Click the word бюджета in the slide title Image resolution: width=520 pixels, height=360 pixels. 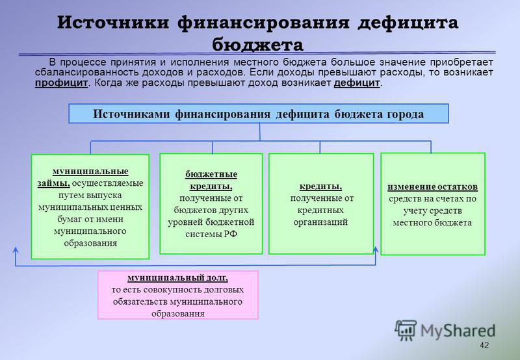pyautogui.click(x=257, y=44)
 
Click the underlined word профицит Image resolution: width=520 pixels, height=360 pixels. pyautogui.click(x=61, y=83)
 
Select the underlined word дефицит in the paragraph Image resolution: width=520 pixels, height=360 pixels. pyautogui.click(x=356, y=83)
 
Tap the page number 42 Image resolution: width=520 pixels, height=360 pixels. pyautogui.click(x=484, y=345)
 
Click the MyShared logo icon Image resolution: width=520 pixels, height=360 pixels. pyautogui.click(x=405, y=330)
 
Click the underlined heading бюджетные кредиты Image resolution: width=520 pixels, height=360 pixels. pyautogui.click(x=211, y=180)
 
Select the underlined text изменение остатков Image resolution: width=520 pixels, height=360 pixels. pyautogui.click(x=432, y=187)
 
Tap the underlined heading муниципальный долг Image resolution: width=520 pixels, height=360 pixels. pyautogui.click(x=177, y=277)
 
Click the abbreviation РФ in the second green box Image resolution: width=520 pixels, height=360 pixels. pyautogui.click(x=231, y=234)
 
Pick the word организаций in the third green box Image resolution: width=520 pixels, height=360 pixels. pyautogui.click(x=320, y=222)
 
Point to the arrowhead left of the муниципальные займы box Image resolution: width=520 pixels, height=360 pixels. pyautogui.click(x=15, y=250)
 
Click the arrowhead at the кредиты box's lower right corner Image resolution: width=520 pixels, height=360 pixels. pyautogui.click(x=376, y=250)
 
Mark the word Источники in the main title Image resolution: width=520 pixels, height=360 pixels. pyautogui.click(x=112, y=23)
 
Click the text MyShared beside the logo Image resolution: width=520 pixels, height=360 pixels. pyautogui.click(x=458, y=331)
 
